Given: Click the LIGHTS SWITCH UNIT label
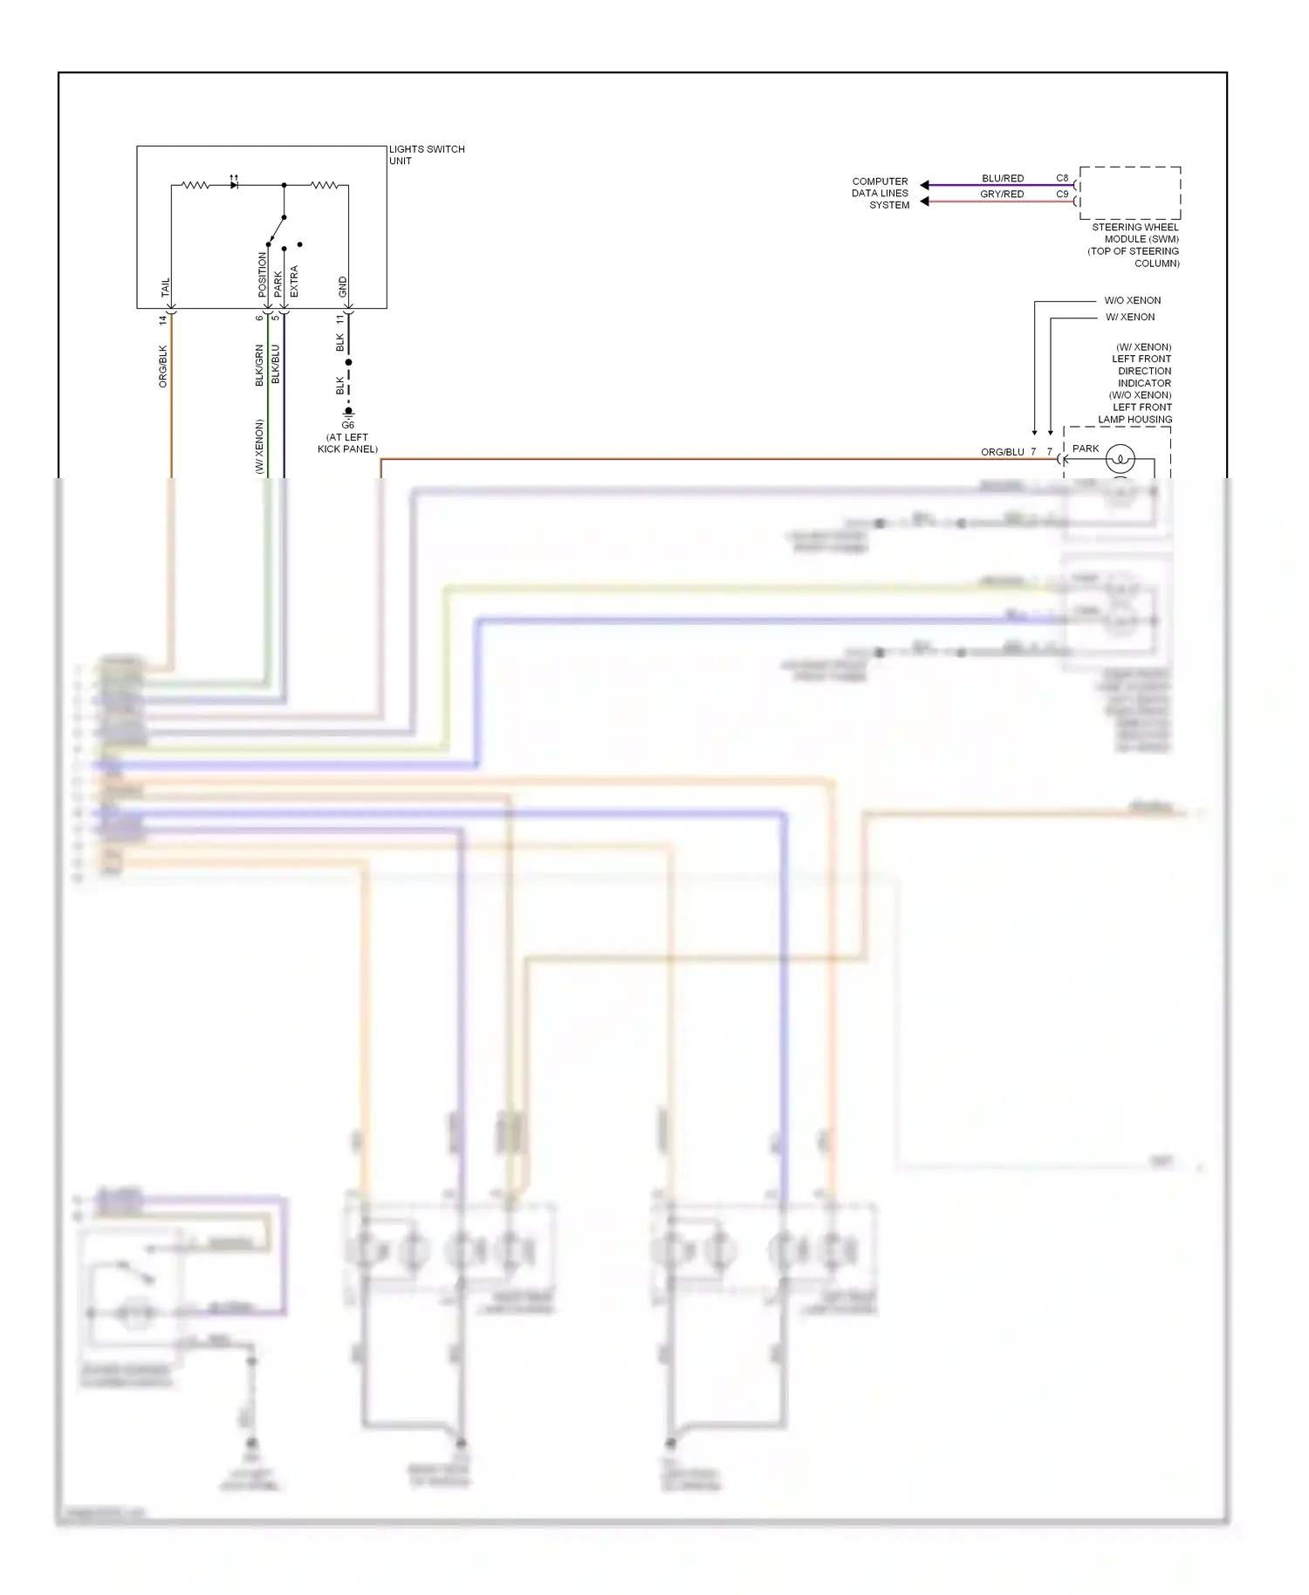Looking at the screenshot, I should click(426, 154).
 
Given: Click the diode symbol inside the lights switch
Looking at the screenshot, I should click(234, 185).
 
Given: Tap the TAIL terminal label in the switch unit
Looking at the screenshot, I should click(166, 288).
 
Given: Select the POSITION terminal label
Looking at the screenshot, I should click(262, 275).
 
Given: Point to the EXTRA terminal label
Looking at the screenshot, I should click(294, 281).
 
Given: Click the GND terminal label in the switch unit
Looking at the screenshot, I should click(343, 286).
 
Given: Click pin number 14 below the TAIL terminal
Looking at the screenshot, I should click(163, 320).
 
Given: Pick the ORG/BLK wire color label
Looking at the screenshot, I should click(163, 366).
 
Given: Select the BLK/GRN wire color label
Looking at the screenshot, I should click(259, 366).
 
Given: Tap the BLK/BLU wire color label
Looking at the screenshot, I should click(276, 364).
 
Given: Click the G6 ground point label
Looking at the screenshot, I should click(348, 426).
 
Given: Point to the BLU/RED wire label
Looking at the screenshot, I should click(1003, 178).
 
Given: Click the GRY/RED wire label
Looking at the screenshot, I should click(1002, 194).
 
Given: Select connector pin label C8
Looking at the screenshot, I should click(1062, 178).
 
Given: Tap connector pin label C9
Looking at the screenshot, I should click(1062, 194).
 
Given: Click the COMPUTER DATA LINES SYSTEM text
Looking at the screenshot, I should click(881, 193).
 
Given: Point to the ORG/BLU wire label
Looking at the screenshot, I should click(1003, 452).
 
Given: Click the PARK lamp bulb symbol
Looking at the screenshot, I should click(1120, 458).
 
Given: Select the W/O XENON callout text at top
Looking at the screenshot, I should click(1133, 300).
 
